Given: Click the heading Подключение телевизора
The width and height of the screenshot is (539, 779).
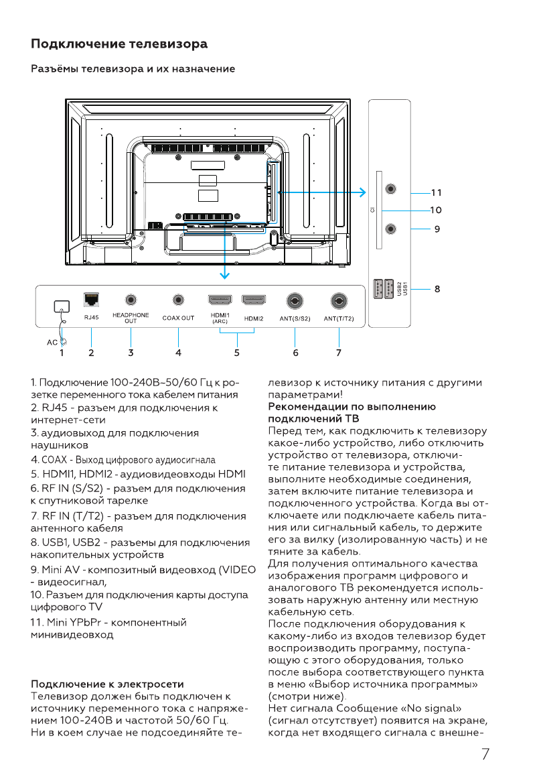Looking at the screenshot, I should point(119,44).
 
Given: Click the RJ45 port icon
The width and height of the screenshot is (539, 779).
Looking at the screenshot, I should point(91,300).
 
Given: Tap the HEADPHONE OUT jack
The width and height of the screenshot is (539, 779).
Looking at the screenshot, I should point(131,300).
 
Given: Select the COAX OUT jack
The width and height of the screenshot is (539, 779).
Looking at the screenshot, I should point(178,300).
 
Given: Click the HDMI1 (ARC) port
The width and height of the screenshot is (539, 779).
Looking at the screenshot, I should point(220,300).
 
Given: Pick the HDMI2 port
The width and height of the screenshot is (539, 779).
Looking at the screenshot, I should point(254,300).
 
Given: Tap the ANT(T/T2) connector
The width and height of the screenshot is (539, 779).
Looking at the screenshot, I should point(339,301).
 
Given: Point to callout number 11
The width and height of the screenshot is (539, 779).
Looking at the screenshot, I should point(437,192).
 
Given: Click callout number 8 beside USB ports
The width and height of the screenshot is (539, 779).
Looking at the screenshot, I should point(437,289).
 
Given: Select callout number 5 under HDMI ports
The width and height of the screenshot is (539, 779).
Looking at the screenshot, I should point(236,352).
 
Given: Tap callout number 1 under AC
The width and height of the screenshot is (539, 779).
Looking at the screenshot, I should point(62,352).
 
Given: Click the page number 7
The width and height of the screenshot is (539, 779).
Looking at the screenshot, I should point(485,754).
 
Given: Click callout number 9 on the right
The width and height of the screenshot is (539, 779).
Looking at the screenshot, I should point(437,229).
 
